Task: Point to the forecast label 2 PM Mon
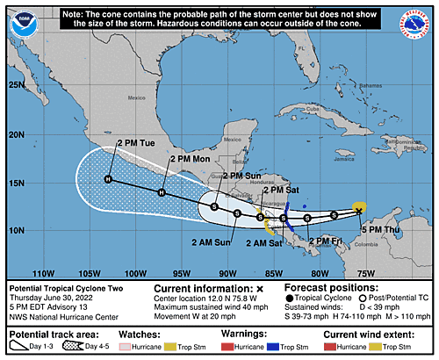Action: pyautogui.click(x=189, y=159)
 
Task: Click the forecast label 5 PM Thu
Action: pyautogui.click(x=382, y=230)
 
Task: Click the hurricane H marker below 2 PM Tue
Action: pyautogui.click(x=109, y=179)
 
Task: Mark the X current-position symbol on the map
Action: pyautogui.click(x=358, y=211)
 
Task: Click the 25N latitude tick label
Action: pyautogui.click(x=16, y=85)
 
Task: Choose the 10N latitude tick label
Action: pyautogui.click(x=16, y=230)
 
